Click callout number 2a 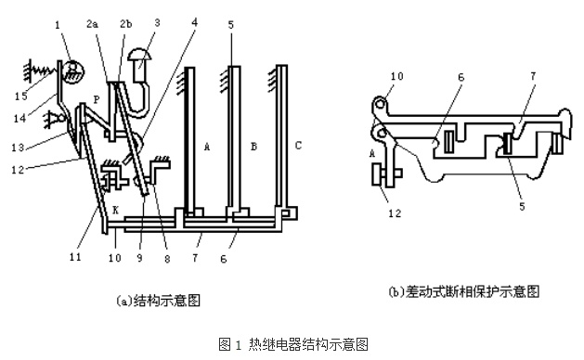[x=92, y=24]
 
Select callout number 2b [x=126, y=24]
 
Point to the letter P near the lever [x=97, y=100]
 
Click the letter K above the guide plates [x=116, y=211]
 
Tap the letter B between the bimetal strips [x=253, y=147]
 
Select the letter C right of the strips [x=298, y=145]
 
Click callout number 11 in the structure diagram [x=75, y=256]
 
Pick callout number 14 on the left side [x=19, y=119]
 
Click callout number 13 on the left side [x=18, y=148]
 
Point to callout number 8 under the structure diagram [x=167, y=258]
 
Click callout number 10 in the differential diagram [x=397, y=76]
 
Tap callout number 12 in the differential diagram [x=395, y=213]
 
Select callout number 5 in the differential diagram [x=522, y=206]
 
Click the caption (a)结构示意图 [x=158, y=300]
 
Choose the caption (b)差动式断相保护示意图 [x=463, y=290]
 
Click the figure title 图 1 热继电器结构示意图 [x=293, y=344]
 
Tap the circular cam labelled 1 [x=74, y=71]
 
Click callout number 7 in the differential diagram [x=533, y=76]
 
